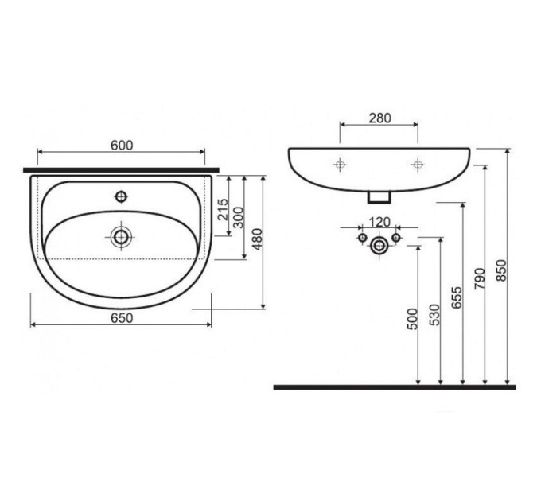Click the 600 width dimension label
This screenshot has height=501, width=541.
pyautogui.click(x=122, y=146)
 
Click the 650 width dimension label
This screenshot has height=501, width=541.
pyautogui.click(x=122, y=318)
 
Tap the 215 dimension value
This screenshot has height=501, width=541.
pyautogui.click(x=224, y=209)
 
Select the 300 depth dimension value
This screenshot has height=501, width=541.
pyautogui.click(x=239, y=218)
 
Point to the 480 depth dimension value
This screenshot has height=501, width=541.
pyautogui.click(x=258, y=239)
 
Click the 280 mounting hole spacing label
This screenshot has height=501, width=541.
pyautogui.click(x=380, y=118)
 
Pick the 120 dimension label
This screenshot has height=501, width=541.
pyautogui.click(x=379, y=222)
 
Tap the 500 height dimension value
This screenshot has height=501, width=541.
pyautogui.click(x=413, y=320)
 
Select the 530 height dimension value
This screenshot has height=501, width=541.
pyautogui.click(x=435, y=315)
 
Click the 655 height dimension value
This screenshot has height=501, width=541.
pyautogui.click(x=457, y=297)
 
